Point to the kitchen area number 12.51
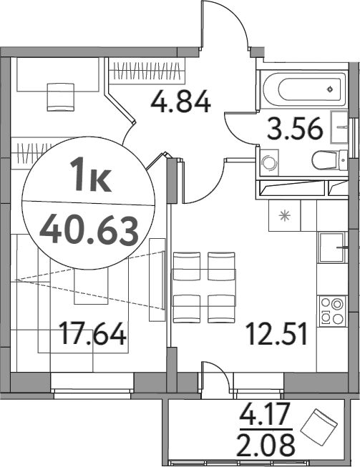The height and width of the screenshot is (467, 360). click(278, 334)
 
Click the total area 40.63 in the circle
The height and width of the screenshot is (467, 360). click(89, 230)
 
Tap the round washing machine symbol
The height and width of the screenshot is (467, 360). click(270, 162)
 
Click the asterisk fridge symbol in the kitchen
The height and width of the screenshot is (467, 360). click(284, 214)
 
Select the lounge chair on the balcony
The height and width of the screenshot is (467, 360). click(319, 428)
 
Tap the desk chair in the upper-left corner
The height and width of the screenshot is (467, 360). click(59, 94)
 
